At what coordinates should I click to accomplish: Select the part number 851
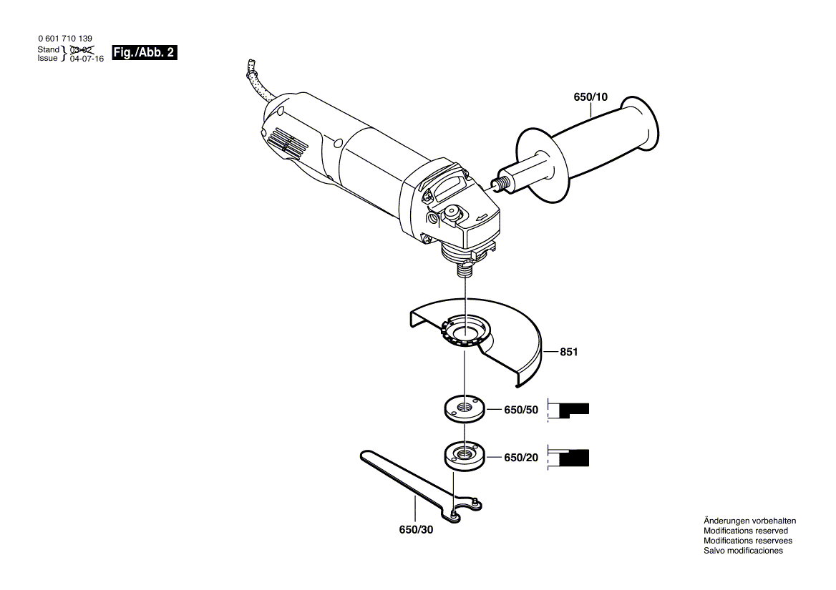569,352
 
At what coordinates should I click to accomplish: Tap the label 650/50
520,410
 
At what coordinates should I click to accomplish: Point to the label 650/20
520,457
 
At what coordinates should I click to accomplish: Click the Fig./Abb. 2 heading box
144,54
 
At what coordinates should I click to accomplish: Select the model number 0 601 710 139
64,39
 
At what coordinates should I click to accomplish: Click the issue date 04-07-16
87,59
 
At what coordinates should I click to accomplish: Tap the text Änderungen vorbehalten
749,521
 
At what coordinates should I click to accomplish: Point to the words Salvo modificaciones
743,551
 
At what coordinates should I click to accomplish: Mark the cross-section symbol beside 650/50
570,410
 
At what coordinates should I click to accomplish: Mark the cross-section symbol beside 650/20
570,458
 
